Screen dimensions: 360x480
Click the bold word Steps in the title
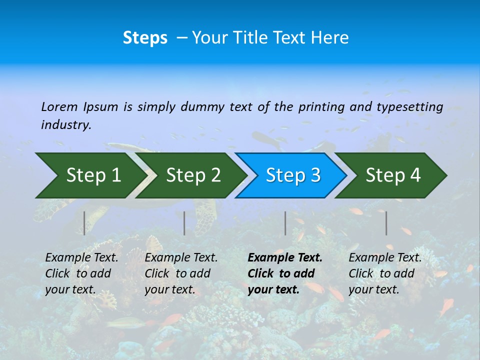145,38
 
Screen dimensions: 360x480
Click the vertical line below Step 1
84,223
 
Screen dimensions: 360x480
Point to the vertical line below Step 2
184,223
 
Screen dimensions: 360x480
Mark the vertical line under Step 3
285,223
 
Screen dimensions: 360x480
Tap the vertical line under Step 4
386,223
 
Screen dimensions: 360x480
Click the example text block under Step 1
81,273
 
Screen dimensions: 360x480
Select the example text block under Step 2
181,273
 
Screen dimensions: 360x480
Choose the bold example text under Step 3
284,273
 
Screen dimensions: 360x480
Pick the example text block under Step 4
384,273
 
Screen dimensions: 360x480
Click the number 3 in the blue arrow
315,175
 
